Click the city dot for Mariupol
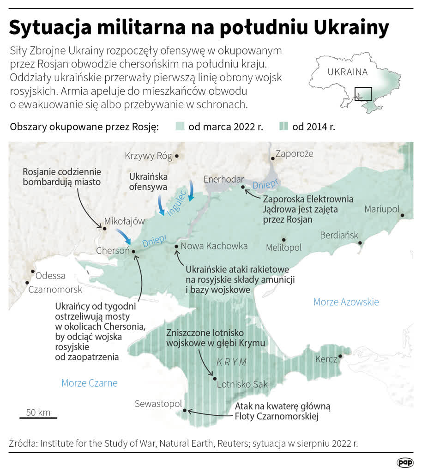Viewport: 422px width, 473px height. click(x=403, y=215)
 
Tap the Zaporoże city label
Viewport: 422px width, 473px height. click(x=294, y=153)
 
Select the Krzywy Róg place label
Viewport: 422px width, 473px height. click(x=148, y=156)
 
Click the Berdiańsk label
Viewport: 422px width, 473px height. click(x=339, y=235)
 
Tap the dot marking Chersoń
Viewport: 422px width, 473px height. click(x=134, y=252)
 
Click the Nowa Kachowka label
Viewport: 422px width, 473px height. click(x=214, y=246)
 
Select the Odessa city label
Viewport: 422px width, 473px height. click(x=50, y=276)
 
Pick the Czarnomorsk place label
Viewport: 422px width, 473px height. click(x=55, y=290)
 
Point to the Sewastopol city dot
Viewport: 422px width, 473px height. click(x=185, y=410)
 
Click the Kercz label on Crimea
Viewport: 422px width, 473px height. click(x=326, y=359)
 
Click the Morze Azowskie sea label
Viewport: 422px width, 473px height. click(x=346, y=302)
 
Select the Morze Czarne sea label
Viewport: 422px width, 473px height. click(x=89, y=383)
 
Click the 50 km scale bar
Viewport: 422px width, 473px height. click(x=38, y=418)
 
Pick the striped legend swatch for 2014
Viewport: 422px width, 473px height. click(x=284, y=127)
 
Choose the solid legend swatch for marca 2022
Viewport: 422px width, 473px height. click(x=180, y=127)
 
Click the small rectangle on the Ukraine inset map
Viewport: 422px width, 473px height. click(x=363, y=94)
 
